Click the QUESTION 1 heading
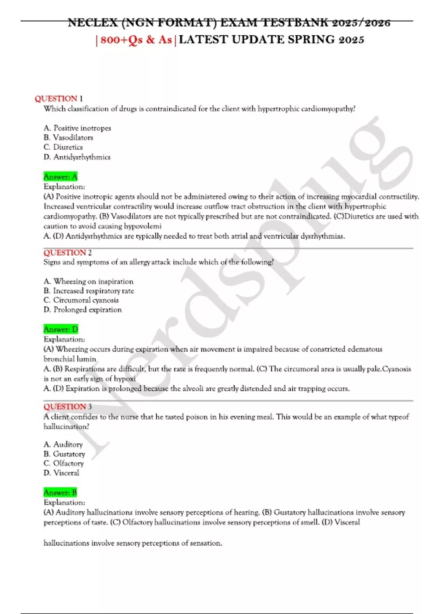pos(59,99)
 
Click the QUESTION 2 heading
pos(68,252)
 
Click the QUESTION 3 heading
pos(68,407)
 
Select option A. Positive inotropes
pos(77,128)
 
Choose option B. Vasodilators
pos(68,138)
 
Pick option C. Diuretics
pos(63,147)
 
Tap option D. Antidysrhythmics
pos(77,157)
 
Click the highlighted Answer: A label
pos(60,177)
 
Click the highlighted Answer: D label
pos(61,329)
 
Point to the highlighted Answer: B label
pos(60,493)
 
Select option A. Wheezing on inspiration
pos(88,281)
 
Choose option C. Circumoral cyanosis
pos(81,300)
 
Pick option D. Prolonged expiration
pos(82,310)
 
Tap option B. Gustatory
pos(64,454)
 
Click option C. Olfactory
pos(64,463)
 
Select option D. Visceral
pos(61,473)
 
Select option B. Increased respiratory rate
pos(89,291)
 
